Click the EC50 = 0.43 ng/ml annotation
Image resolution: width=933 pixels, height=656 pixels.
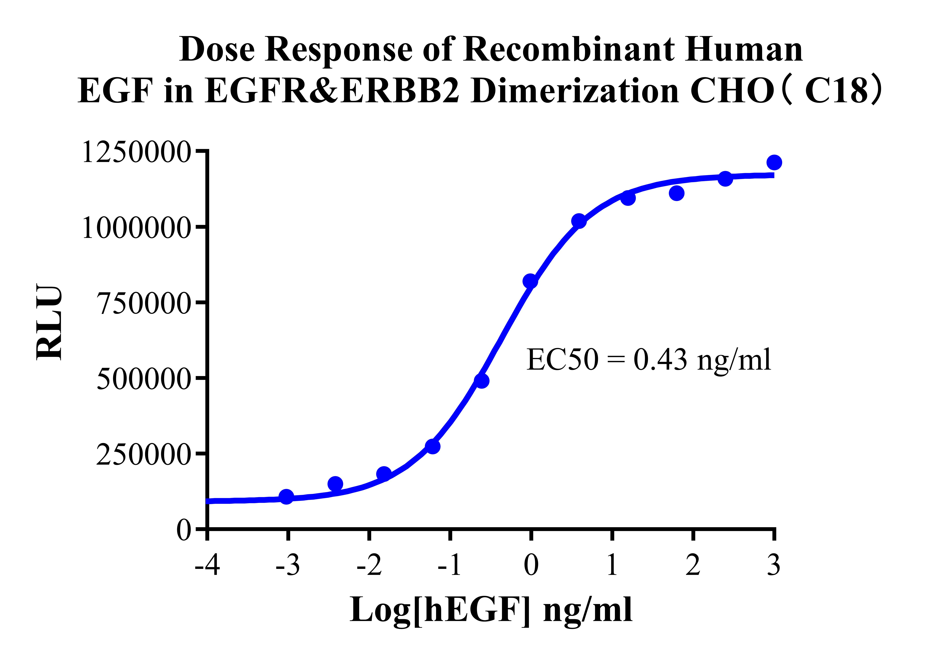[x=649, y=360]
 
